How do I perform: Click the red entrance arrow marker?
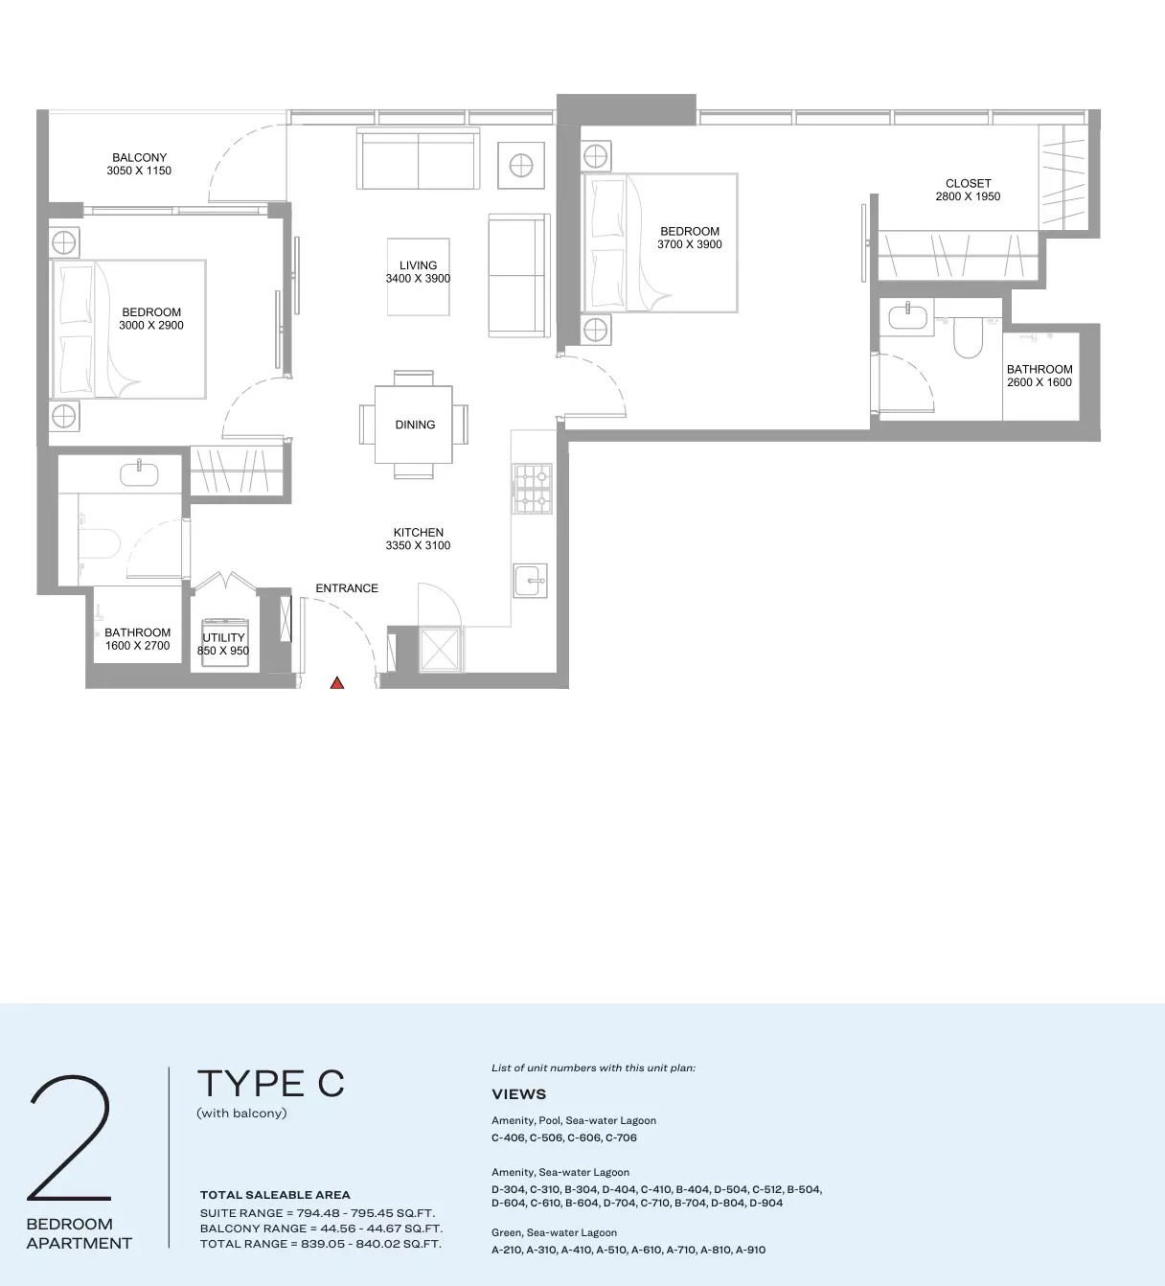(337, 683)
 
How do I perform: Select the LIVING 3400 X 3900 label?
(418, 272)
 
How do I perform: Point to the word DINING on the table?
(416, 425)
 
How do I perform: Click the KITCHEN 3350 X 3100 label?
(418, 540)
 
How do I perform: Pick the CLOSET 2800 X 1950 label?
(969, 190)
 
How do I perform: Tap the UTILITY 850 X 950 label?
(223, 644)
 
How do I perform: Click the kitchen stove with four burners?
(532, 489)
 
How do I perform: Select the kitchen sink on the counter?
(530, 581)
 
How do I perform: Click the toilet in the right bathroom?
(969, 338)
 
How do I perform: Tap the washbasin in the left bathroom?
(139, 473)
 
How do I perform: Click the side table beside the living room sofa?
(521, 166)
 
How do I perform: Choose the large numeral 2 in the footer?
(69, 1137)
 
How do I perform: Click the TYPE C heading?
(270, 1084)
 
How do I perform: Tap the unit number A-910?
(750, 1250)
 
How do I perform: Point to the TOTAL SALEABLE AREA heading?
(275, 1195)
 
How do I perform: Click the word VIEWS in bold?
(518, 1094)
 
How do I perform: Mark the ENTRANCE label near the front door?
(347, 587)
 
